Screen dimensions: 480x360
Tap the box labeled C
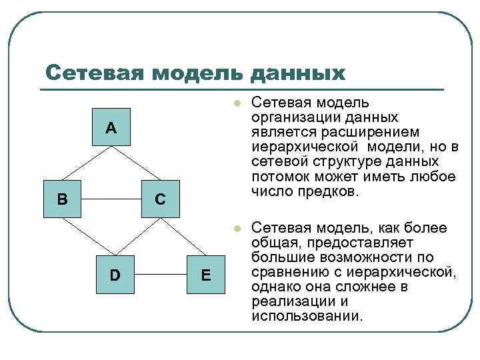[x=160, y=199]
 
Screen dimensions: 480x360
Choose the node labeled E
[x=206, y=273]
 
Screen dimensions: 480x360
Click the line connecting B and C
[x=111, y=199]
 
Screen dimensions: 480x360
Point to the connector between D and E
[x=160, y=273]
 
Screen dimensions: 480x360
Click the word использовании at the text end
[x=307, y=316]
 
